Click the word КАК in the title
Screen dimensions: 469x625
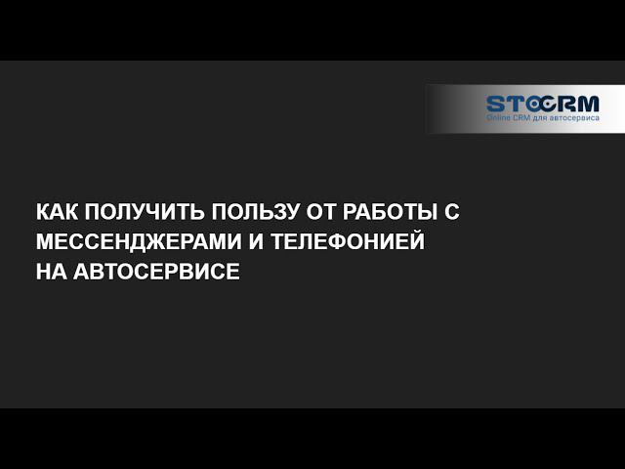point(56,213)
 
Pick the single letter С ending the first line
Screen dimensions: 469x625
point(451,213)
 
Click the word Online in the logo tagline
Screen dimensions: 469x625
point(499,118)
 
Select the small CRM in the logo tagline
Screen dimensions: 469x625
point(523,118)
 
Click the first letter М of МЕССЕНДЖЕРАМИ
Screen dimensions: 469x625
point(44,241)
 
